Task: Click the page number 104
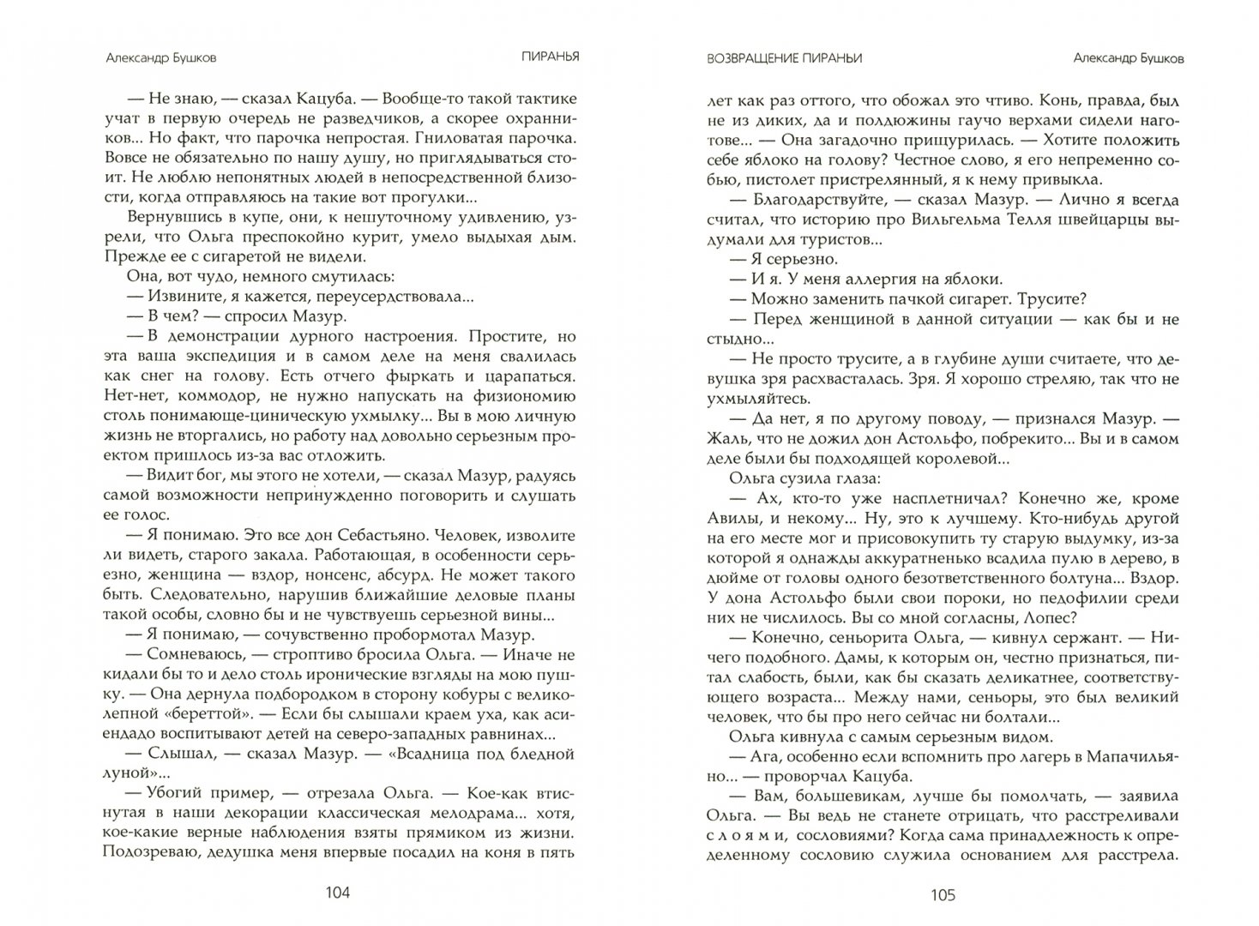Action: coord(338,894)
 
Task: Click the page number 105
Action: coord(942,894)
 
